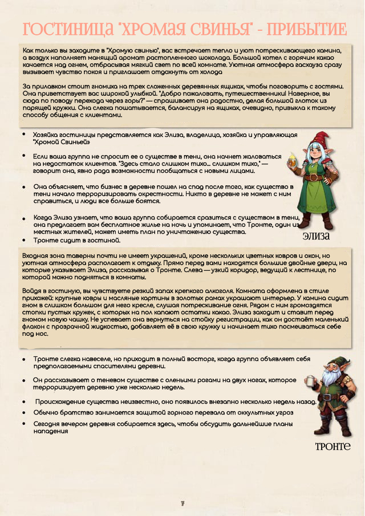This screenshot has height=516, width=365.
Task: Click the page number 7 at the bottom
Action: (182, 503)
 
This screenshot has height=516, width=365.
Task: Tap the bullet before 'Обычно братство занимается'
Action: (23, 412)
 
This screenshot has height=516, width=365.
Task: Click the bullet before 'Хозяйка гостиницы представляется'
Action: (23, 135)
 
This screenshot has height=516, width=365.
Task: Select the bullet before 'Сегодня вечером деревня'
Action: (23, 424)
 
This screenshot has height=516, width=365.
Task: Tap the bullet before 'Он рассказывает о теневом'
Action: (23, 379)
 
